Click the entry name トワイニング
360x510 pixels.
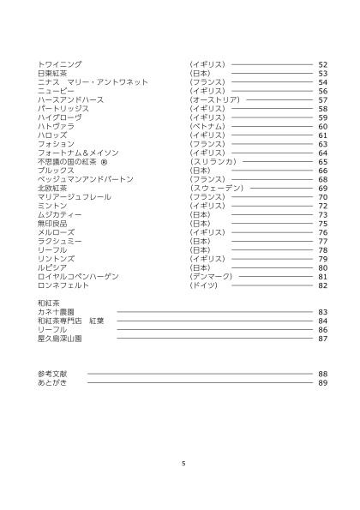pyautogui.click(x=60, y=64)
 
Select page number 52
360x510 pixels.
pyautogui.click(x=323, y=64)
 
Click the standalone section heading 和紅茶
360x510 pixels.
pyautogui.click(x=47, y=303)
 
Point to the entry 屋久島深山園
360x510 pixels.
pyautogui.click(x=60, y=339)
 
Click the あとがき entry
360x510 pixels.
pyautogui.click(x=51, y=382)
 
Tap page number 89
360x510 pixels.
pyautogui.click(x=323, y=382)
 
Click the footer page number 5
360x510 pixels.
pyautogui.click(x=183, y=463)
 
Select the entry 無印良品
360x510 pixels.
pyautogui.click(x=52, y=223)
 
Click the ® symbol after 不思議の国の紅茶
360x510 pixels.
pyautogui.click(x=103, y=161)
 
